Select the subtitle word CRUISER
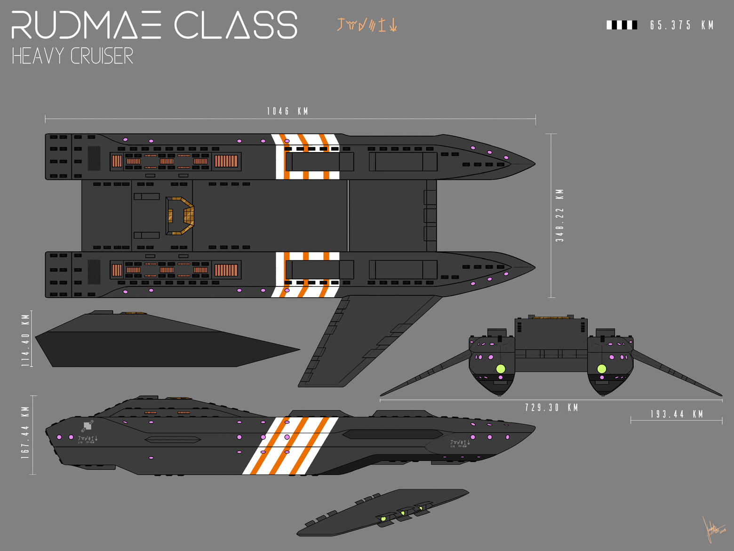[x=102, y=56]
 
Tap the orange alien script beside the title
[x=367, y=24]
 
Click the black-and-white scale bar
[x=622, y=25]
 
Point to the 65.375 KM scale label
[x=682, y=25]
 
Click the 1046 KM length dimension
[x=287, y=111]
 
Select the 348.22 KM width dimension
[x=559, y=216]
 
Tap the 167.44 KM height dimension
[x=25, y=433]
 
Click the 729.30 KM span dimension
[x=551, y=407]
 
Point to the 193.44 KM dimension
[x=677, y=414]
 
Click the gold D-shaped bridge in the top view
[x=180, y=216]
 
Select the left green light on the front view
[x=501, y=368]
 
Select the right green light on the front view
[x=601, y=368]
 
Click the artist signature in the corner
[x=713, y=530]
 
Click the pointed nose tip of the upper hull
[x=534, y=164]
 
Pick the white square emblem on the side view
[x=88, y=426]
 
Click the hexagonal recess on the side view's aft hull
[x=173, y=439]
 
